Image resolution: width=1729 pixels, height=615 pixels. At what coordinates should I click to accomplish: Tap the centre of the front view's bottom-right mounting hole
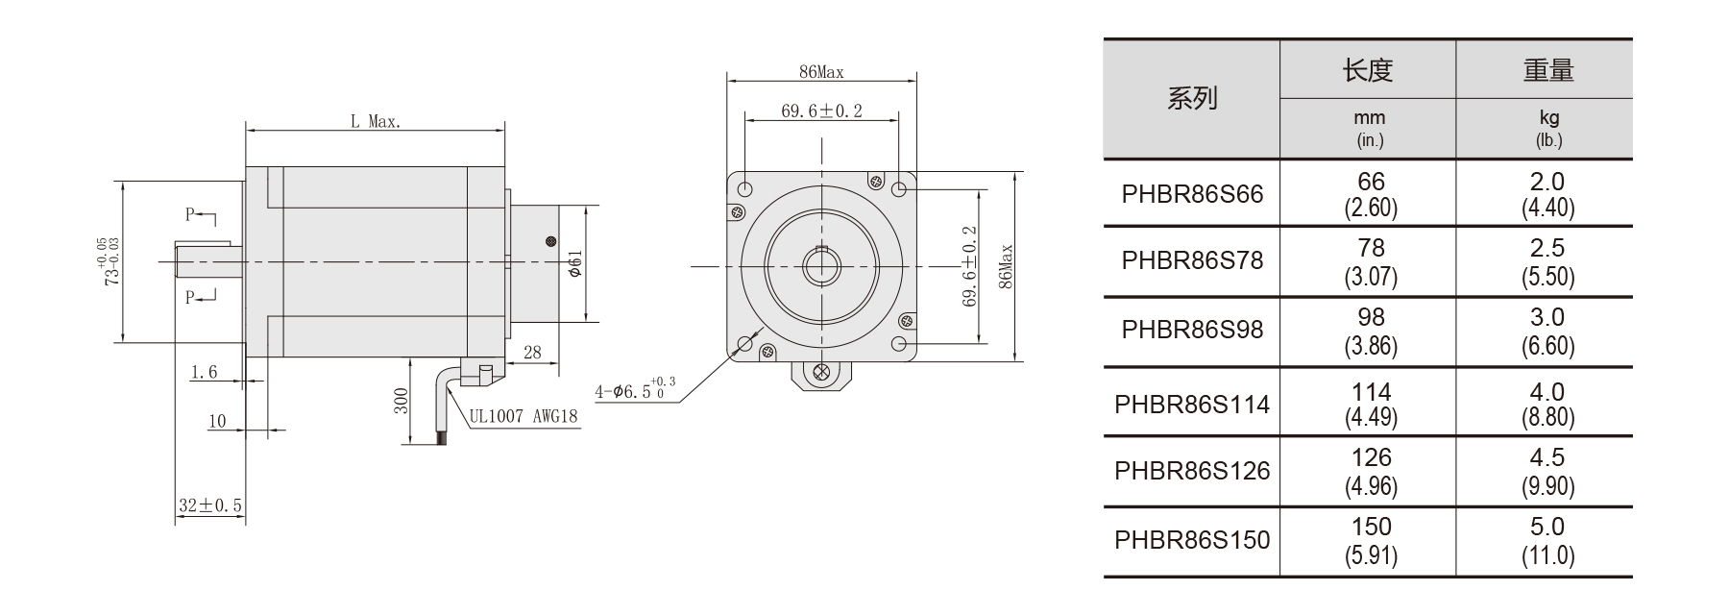coord(899,343)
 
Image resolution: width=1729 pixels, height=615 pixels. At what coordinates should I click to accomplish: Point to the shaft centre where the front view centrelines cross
coord(822,265)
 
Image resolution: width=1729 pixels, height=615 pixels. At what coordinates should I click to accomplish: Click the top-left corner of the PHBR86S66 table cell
coord(1104,160)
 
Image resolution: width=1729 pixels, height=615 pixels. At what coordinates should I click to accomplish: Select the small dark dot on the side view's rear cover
coord(550,241)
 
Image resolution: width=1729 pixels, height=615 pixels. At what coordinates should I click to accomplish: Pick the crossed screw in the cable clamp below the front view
coord(821,374)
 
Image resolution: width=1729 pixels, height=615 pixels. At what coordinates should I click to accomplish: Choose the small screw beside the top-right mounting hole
coord(875,181)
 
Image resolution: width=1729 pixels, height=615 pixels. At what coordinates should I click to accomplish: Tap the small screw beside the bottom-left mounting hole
coord(768,351)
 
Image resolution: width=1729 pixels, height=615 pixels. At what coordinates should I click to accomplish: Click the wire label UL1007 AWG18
coord(524,417)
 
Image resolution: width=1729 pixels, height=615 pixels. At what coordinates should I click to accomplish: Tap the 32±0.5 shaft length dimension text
coord(210,505)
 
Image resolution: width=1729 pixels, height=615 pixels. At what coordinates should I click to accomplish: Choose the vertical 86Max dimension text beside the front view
coord(1006,266)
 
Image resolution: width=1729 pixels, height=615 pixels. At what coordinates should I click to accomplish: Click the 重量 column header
coord(1548,70)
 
